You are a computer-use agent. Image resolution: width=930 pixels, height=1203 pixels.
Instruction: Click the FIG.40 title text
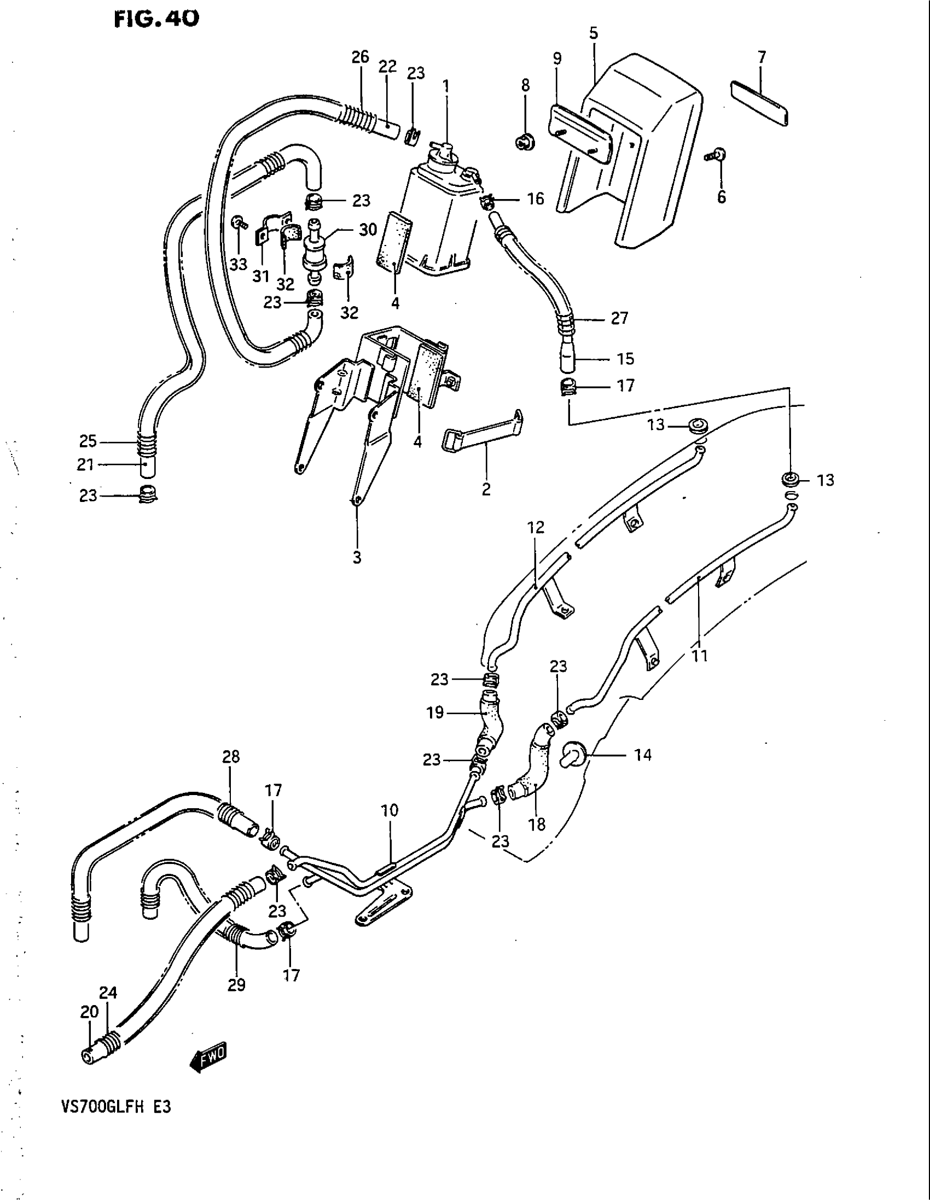point(156,20)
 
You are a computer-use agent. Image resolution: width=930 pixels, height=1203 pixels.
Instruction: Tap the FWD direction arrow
point(208,1056)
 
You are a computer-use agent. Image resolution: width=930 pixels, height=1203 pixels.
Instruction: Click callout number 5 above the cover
point(594,33)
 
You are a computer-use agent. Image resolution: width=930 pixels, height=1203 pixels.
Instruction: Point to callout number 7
point(762,57)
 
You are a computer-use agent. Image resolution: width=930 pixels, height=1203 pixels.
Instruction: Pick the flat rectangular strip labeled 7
point(759,103)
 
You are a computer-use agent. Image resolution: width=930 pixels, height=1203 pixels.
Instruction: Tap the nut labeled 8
point(524,142)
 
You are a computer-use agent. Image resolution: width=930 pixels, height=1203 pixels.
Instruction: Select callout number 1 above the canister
point(446,87)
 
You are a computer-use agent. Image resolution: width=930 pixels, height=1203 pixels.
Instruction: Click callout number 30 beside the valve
point(368,230)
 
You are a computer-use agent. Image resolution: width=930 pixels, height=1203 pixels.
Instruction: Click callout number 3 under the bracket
point(357,557)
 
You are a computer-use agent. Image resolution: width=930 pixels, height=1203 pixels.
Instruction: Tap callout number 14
point(642,755)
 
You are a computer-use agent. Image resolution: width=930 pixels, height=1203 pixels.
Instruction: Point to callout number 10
point(390,810)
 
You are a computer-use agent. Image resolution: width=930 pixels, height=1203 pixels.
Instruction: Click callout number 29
point(236,985)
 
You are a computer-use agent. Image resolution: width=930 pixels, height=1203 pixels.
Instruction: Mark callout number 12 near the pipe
point(536,527)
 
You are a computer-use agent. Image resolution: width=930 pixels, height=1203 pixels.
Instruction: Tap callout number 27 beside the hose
point(619,318)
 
